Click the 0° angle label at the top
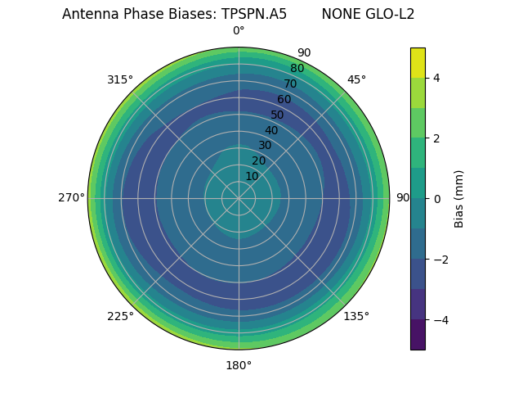click(x=239, y=31)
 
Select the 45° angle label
click(x=356, y=79)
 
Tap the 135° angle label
click(x=356, y=316)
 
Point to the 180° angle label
click(x=239, y=365)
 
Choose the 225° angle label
click(x=120, y=316)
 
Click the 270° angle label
click(x=71, y=198)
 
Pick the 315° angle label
click(x=120, y=79)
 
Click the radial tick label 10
click(x=252, y=176)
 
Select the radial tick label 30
click(x=265, y=146)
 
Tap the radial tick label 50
click(x=278, y=115)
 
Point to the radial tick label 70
click(x=291, y=84)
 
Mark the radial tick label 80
click(x=297, y=69)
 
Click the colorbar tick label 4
click(x=437, y=78)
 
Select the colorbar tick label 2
click(x=437, y=138)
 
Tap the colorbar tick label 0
click(x=437, y=199)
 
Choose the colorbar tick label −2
click(x=440, y=260)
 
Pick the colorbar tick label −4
click(x=440, y=320)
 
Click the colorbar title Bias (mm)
click(x=459, y=199)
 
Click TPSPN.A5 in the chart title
click(x=254, y=14)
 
